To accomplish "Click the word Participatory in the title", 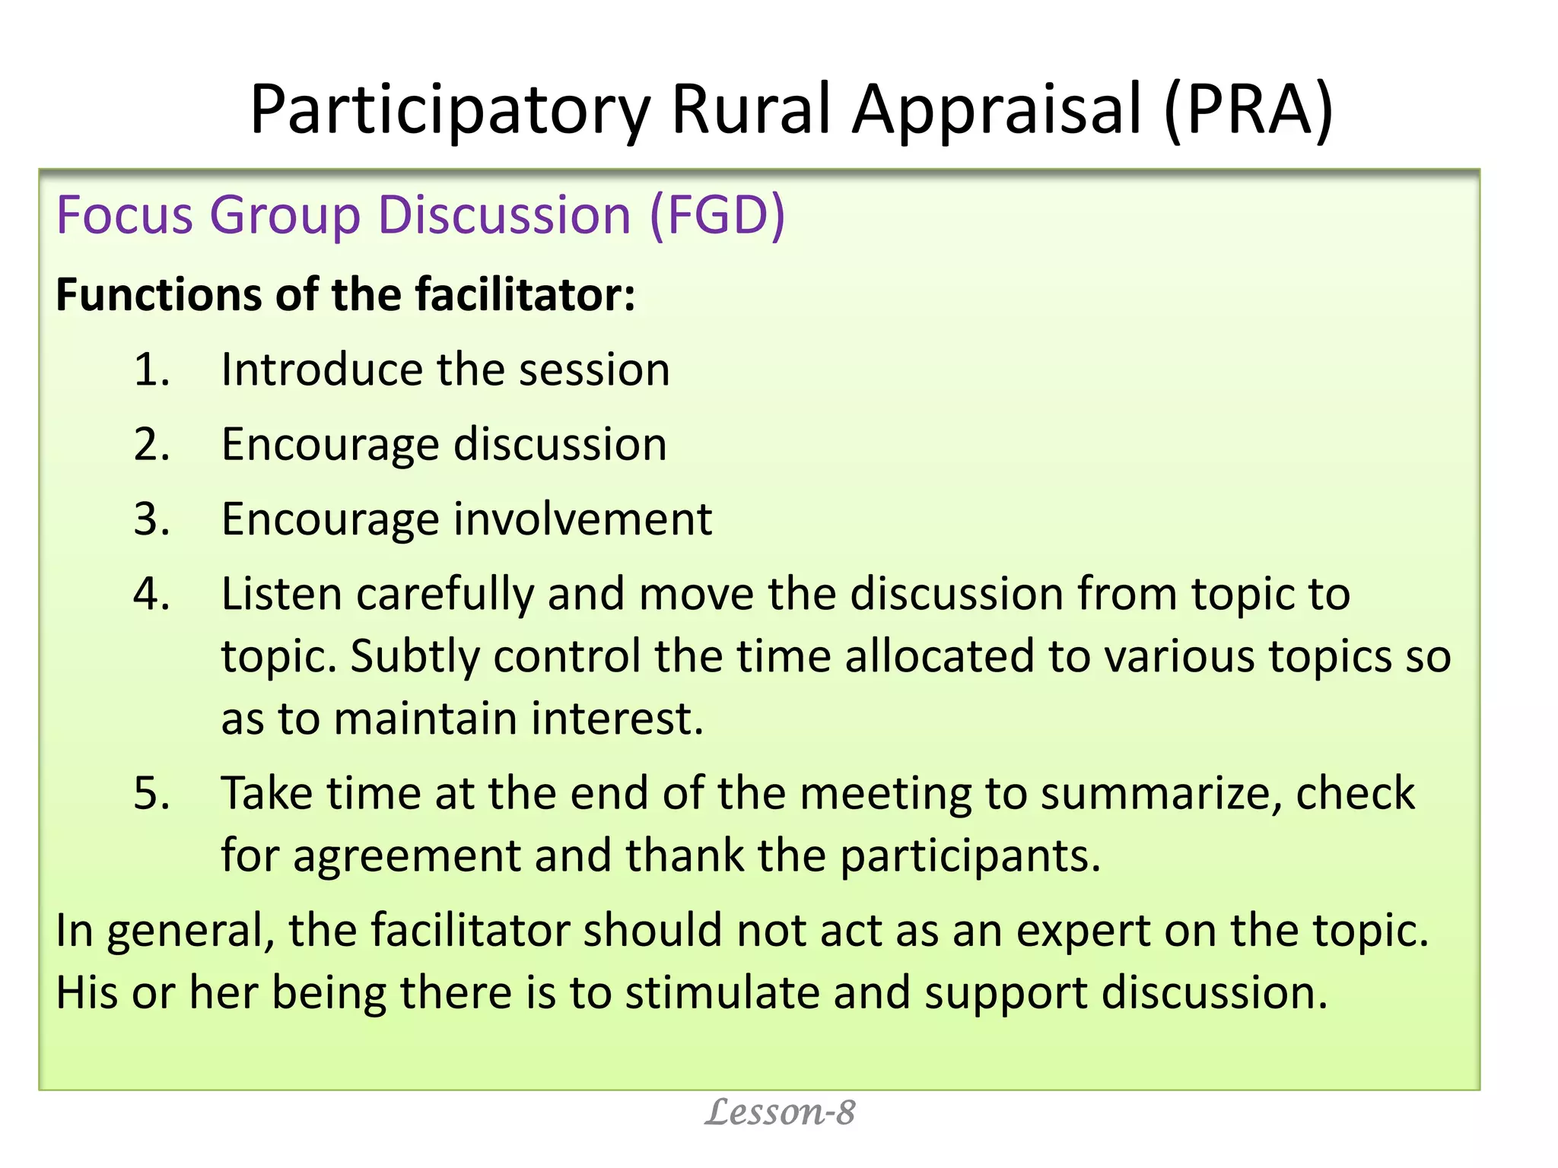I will pyautogui.click(x=449, y=111).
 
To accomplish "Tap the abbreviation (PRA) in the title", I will pyautogui.click(x=1248, y=111).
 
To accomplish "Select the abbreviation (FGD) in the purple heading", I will pyautogui.click(x=717, y=216).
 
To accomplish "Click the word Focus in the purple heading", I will pyautogui.click(x=125, y=216).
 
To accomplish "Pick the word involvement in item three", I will pyautogui.click(x=583, y=520).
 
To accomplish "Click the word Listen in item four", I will pyautogui.click(x=281, y=594).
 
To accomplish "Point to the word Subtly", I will pyautogui.click(x=415, y=656).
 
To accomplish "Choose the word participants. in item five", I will pyautogui.click(x=970, y=856).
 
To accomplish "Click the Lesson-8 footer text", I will pyautogui.click(x=780, y=1113).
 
